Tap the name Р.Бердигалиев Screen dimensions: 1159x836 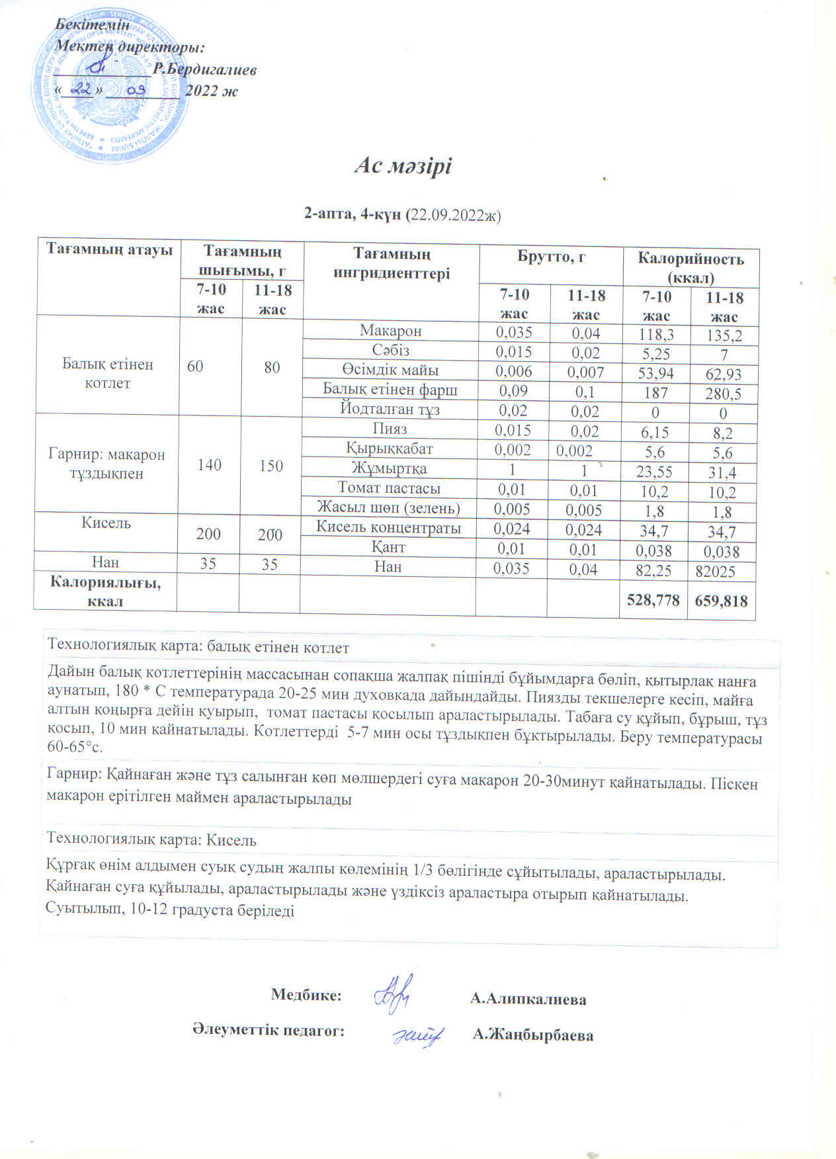tap(204, 69)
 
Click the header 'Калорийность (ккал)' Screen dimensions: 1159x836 tap(690, 267)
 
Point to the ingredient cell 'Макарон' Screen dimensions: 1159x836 tap(390, 330)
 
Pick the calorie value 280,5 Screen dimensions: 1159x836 tap(723, 394)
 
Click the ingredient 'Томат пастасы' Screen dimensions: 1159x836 tap(389, 488)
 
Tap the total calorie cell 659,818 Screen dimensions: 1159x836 tap(722, 601)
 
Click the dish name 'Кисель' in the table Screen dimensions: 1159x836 tap(106, 523)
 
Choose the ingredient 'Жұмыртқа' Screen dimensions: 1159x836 tap(389, 469)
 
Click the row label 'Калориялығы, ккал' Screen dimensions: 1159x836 tap(106, 592)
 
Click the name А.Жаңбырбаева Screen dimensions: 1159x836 tap(533, 1035)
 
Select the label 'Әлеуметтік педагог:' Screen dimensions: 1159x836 tap(269, 1031)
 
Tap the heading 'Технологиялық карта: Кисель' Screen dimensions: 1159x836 tap(151, 840)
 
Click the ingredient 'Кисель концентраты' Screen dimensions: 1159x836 tap(388, 527)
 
